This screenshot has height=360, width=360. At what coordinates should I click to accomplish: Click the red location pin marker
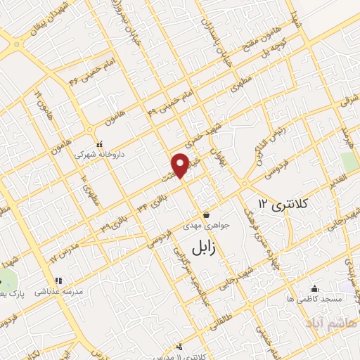click(181, 165)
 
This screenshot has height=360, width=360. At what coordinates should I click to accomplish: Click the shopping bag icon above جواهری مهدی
click(206, 214)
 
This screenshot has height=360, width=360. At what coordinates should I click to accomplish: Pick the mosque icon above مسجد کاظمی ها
click(314, 288)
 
